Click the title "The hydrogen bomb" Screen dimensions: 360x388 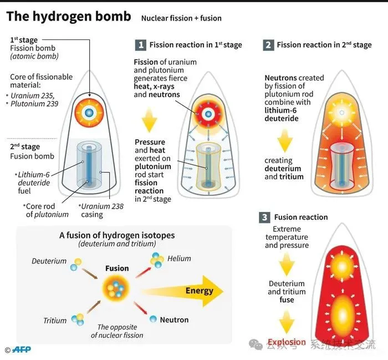click(x=68, y=16)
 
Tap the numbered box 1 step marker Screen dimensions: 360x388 click(x=141, y=45)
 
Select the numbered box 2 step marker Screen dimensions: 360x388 click(x=268, y=45)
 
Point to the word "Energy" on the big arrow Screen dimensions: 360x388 click(x=199, y=291)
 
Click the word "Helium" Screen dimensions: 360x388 click(x=179, y=258)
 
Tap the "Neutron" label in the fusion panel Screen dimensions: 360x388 click(x=174, y=320)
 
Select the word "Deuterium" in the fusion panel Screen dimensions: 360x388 click(x=49, y=261)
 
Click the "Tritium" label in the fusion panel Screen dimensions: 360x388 click(x=55, y=321)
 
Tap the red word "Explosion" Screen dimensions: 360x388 click(x=287, y=342)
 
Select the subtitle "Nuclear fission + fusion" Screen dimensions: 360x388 click(x=181, y=18)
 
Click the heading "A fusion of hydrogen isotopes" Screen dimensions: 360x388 click(x=117, y=236)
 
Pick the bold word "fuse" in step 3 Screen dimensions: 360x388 click(x=287, y=300)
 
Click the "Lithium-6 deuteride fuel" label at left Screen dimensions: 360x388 click(x=34, y=182)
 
